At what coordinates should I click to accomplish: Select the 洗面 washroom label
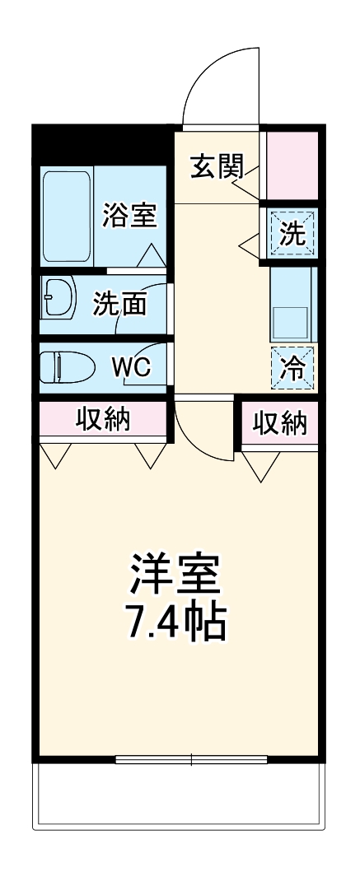coord(119,304)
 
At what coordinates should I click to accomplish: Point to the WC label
coord(131,367)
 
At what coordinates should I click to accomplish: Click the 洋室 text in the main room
coord(175,575)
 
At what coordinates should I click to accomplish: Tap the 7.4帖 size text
coord(175,625)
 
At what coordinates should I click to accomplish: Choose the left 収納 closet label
coord(104,420)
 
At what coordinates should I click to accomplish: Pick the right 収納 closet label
coord(279,423)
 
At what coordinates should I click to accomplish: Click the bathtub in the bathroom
coord(67,216)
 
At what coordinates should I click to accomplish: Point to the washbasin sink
coord(58,296)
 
